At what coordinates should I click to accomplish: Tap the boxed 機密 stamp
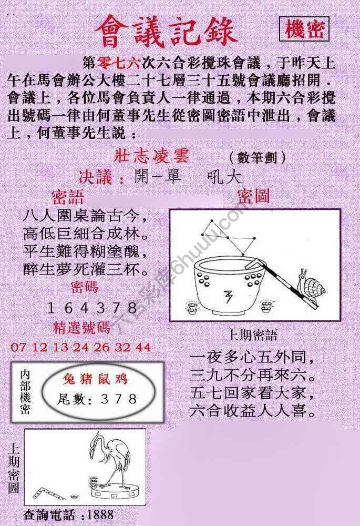point(304,30)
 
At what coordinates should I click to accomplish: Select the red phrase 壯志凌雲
point(151,157)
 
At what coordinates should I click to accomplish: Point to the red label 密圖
point(253,196)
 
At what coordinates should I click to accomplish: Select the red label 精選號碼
point(82,328)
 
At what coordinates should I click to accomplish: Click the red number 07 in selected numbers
point(17,347)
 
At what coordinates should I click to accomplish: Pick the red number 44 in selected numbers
point(142,347)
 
